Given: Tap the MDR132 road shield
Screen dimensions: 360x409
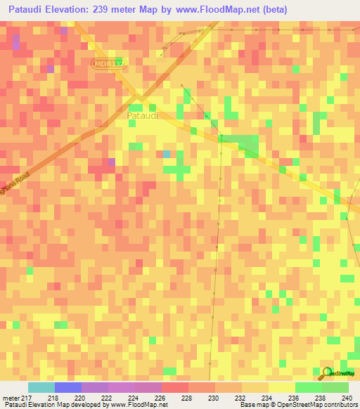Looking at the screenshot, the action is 110,63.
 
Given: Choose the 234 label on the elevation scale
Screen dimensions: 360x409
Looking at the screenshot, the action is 266,397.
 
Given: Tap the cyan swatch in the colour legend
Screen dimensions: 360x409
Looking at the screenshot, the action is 41,387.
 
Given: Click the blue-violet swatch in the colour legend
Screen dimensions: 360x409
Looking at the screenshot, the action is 68,387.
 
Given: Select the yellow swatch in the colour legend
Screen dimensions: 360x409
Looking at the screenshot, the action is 281,387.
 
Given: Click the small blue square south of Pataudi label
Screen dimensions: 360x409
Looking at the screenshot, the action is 166,153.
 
